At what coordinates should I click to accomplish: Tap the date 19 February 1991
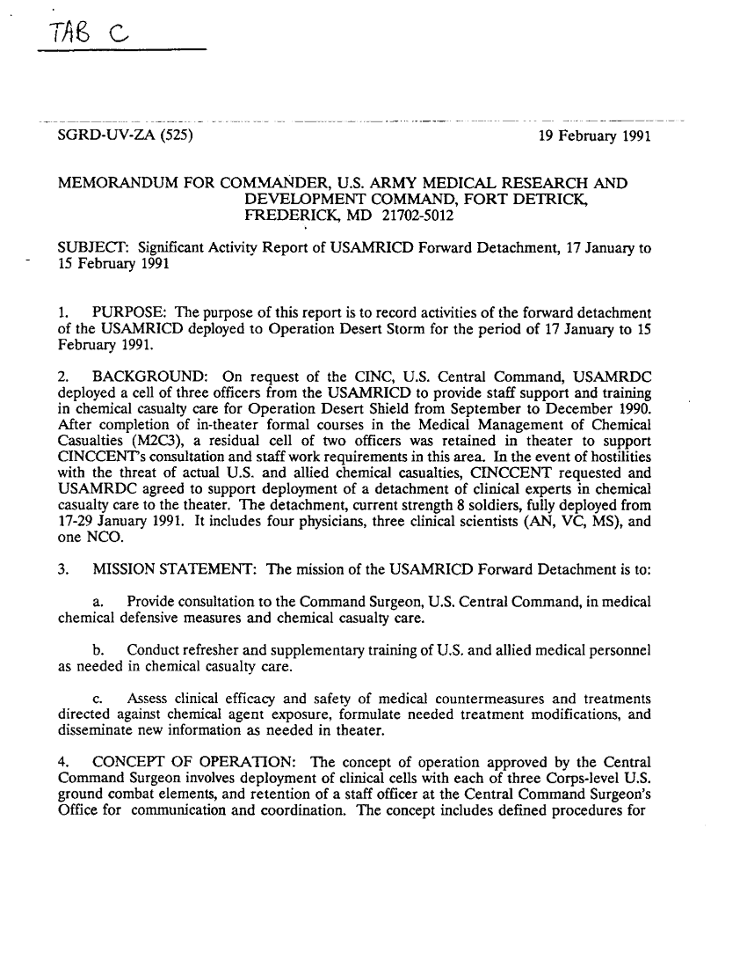click(x=594, y=136)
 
